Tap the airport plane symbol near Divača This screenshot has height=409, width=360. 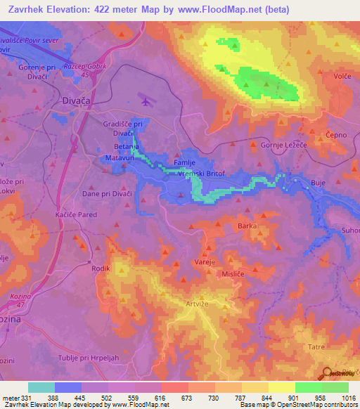146,101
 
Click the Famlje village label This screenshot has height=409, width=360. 194,161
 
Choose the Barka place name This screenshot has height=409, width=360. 247,226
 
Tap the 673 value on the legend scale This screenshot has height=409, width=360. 188,397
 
